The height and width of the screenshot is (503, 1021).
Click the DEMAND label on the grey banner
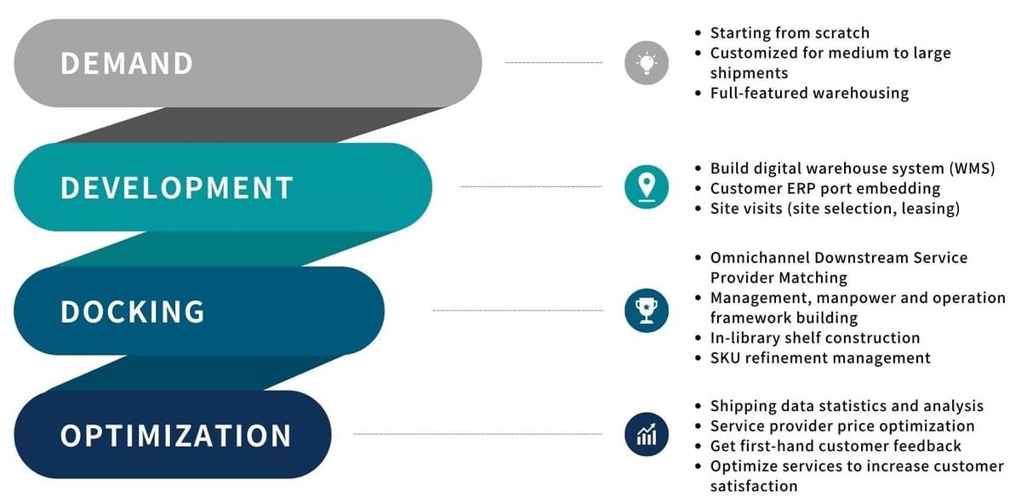[x=127, y=64]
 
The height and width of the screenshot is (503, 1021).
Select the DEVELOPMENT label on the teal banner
[x=177, y=187]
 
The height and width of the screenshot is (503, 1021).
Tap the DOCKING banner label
[x=133, y=312]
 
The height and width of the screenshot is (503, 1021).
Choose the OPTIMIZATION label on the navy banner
[x=176, y=436]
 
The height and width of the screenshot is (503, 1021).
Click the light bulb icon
[x=647, y=63]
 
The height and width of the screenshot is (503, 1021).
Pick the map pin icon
[x=647, y=187]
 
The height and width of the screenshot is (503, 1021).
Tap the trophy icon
[x=647, y=311]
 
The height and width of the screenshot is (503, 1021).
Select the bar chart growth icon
[x=647, y=434]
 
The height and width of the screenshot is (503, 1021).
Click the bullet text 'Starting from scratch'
[x=790, y=33]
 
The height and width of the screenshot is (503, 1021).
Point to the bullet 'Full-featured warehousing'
[x=809, y=93]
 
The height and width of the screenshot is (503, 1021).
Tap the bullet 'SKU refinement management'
[x=820, y=358]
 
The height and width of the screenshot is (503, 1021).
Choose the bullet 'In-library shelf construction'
[x=815, y=338]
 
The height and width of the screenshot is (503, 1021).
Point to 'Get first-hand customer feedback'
[x=836, y=446]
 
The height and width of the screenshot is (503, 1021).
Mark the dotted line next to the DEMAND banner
[x=553, y=63]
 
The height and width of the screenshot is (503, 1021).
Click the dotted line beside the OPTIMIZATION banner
[x=476, y=434]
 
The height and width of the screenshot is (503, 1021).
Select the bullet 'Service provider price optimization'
[x=842, y=426]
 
